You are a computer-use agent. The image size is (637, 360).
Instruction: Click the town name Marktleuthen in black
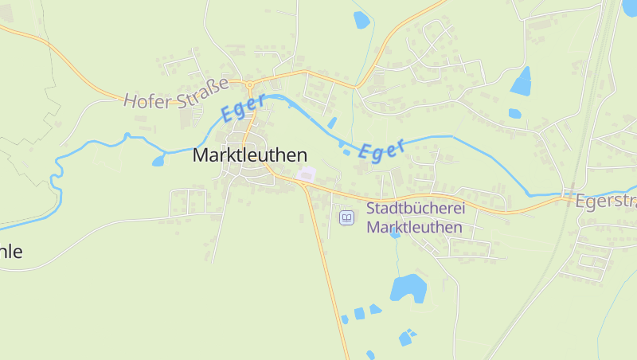[x=249, y=156]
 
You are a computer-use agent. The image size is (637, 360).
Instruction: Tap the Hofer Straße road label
[x=176, y=93]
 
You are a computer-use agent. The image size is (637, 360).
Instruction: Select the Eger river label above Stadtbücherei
[x=382, y=149]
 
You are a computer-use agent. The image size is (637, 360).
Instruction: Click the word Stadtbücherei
[x=414, y=209]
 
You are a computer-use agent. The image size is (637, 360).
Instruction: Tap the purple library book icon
[x=346, y=217]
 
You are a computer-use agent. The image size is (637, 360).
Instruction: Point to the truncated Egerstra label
[x=605, y=200]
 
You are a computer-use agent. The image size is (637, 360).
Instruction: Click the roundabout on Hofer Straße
[x=249, y=84]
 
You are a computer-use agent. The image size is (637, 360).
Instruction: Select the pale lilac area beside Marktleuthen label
[x=306, y=174]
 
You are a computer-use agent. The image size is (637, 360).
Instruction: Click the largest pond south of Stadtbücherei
[x=408, y=287]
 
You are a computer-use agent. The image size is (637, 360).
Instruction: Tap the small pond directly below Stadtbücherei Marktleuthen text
[x=396, y=234]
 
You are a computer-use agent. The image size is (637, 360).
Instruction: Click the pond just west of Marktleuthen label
[x=158, y=161]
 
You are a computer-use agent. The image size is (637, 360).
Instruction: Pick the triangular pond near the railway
[x=522, y=81]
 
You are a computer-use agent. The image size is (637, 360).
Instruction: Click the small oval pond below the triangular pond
[x=515, y=114]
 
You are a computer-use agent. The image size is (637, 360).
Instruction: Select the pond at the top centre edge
[x=361, y=20]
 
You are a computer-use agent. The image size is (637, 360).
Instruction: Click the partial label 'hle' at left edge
[x=11, y=252]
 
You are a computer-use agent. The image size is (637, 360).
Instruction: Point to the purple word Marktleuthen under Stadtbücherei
[x=414, y=227]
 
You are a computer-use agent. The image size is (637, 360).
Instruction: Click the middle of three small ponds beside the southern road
[x=359, y=313]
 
